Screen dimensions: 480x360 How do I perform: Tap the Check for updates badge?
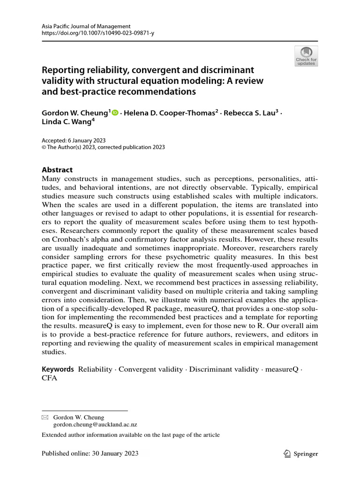[306, 56]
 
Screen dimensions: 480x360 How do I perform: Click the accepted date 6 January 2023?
[87, 140]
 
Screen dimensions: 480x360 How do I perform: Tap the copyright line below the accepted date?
[103, 147]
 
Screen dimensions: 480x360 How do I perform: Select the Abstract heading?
[58, 170]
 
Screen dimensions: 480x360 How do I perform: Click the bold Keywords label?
[58, 369]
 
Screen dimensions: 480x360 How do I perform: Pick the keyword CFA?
[50, 378]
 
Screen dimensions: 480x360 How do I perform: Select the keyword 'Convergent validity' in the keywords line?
[150, 369]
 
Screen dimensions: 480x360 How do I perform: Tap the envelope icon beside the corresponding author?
[45, 417]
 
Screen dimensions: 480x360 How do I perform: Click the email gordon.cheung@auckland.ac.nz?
[96, 424]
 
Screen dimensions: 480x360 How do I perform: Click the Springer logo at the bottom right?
[301, 454]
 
